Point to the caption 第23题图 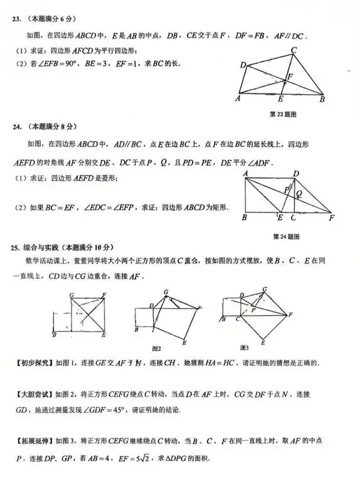click(x=282, y=114)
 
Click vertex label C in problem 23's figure click(x=294, y=50)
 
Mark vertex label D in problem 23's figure click(x=242, y=65)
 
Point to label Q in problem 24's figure click(x=299, y=193)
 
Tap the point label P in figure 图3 click(x=253, y=310)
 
